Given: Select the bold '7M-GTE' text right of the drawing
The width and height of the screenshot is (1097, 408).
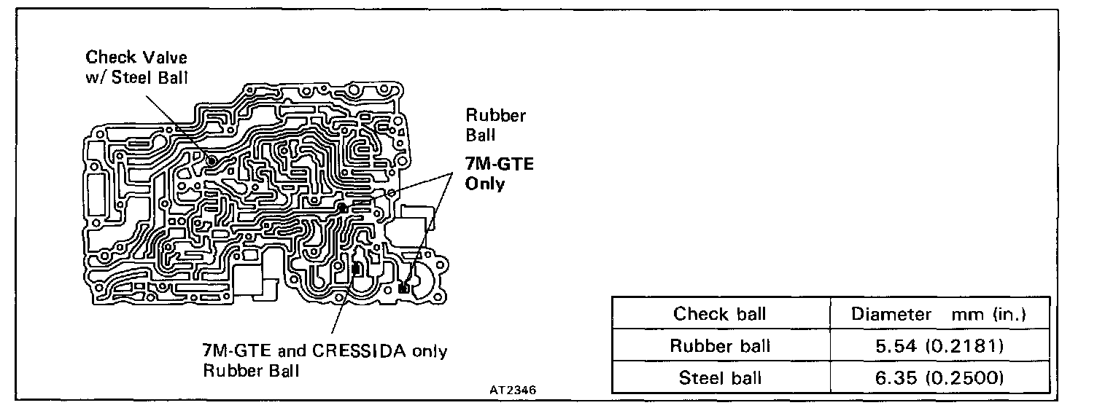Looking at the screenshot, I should (500, 164).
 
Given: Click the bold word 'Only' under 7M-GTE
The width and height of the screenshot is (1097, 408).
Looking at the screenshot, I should (484, 183).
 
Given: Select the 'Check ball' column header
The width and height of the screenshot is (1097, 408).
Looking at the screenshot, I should (721, 314).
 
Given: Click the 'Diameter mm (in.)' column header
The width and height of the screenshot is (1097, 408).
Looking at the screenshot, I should (939, 314).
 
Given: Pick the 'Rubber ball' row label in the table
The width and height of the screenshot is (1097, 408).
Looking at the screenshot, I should (721, 345).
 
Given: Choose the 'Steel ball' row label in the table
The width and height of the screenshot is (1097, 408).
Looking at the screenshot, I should (721, 377).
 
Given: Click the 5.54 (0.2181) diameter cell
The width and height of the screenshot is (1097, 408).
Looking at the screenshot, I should (939, 345).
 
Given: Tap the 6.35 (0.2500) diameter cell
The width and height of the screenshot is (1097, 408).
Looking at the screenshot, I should (939, 377).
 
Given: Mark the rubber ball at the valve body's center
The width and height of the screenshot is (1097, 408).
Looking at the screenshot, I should (342, 208).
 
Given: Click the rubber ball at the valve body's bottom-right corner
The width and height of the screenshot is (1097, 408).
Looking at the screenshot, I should (403, 289).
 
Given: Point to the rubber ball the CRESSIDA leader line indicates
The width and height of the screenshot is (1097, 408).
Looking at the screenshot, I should (356, 270).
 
